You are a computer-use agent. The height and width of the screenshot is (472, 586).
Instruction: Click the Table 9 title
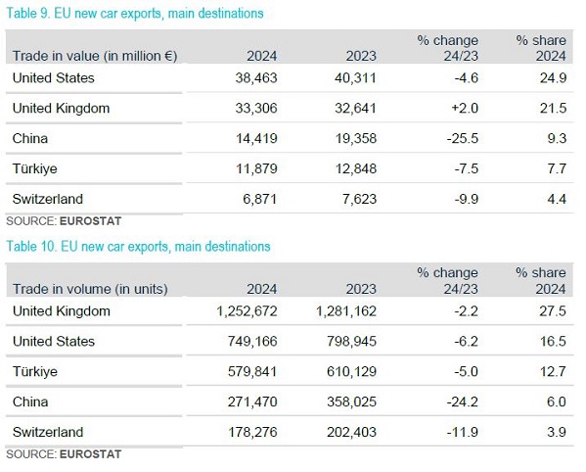135,14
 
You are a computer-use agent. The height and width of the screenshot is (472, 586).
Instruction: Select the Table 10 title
138,247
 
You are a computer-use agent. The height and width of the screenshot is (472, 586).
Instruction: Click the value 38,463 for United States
256,77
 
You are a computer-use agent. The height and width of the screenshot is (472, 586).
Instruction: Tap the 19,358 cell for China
356,138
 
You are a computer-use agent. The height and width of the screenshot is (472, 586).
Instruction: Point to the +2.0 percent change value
465,108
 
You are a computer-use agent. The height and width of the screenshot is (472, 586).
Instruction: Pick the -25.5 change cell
463,138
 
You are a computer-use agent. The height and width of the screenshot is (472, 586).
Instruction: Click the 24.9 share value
553,77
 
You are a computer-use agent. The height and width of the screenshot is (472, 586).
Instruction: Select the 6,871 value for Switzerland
260,199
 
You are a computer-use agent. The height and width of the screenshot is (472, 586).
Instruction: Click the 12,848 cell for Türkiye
356,168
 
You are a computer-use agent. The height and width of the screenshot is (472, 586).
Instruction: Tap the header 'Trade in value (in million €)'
95,56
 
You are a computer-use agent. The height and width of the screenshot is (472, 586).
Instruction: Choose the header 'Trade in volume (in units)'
90,289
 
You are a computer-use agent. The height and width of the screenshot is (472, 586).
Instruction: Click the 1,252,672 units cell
248,311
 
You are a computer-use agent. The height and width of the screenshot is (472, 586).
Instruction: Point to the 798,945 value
351,342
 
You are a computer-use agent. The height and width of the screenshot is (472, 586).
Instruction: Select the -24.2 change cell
463,402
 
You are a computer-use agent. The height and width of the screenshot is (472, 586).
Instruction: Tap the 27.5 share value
553,311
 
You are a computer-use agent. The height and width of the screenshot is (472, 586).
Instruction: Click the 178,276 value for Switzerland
252,433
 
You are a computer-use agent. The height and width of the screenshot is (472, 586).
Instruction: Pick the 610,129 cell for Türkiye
351,372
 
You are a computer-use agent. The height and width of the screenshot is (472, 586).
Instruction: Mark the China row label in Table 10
30,402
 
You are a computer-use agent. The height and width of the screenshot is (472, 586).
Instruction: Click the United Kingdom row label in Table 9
62,108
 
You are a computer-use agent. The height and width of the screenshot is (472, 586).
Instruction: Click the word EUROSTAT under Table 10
90,454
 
